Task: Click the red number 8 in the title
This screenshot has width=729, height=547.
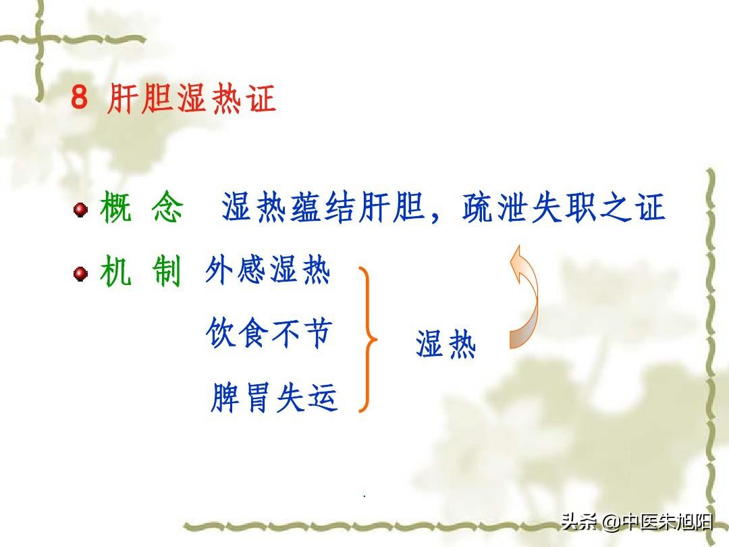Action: [x=80, y=97]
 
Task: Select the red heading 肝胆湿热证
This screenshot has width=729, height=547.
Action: [x=191, y=98]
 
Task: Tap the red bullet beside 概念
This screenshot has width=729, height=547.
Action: [x=80, y=209]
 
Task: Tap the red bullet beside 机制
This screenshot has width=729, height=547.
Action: [x=80, y=273]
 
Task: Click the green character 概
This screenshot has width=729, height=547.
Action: [x=115, y=207]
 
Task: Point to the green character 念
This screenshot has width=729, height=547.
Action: [x=167, y=207]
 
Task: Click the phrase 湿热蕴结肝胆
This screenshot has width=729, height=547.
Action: [x=323, y=207]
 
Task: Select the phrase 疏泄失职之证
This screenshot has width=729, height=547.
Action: [x=564, y=207]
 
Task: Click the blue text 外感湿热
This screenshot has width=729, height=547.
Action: [x=268, y=269]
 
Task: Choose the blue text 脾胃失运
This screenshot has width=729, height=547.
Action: [x=274, y=398]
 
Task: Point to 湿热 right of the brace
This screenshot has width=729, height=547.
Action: [x=446, y=344]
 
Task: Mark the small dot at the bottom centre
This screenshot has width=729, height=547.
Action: [x=364, y=496]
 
